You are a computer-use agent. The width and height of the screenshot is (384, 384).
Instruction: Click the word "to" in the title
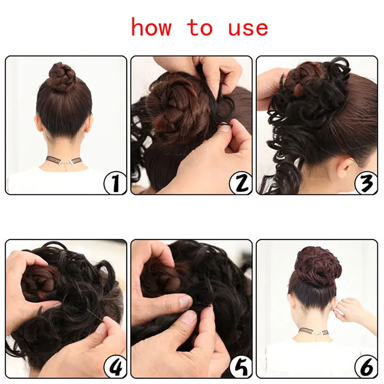pos(200,27)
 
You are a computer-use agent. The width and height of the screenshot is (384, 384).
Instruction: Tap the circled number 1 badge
pos(115,183)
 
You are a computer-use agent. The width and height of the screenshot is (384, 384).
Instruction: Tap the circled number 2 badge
pos(240,184)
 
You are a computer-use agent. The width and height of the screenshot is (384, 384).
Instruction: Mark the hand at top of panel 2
pos(211,67)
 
